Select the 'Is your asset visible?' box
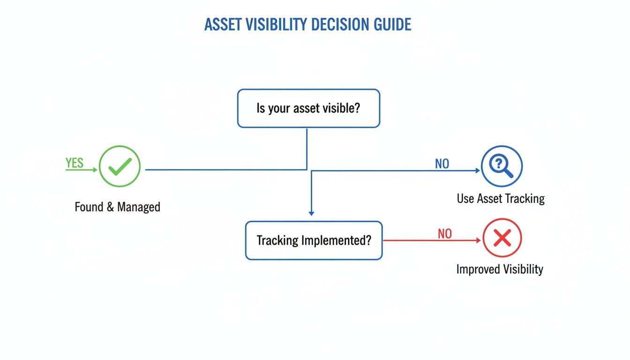308,108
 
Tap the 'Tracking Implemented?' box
314,240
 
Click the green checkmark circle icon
120,166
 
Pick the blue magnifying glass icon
502,166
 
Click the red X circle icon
502,239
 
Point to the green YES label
75,163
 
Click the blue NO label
442,164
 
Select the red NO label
444,233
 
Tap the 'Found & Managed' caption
117,207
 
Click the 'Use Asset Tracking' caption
501,198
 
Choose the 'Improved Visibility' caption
500,269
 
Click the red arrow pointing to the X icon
431,240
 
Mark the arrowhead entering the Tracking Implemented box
311,213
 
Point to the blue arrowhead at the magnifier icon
478,171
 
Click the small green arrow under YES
82,170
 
